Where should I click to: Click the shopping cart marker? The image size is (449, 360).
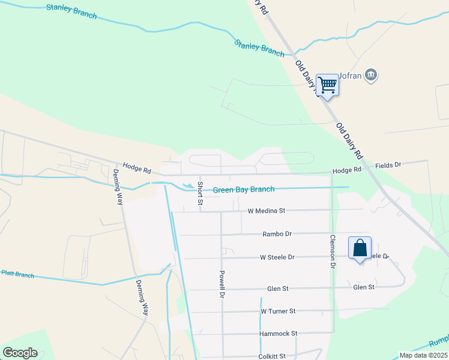(x=327, y=85)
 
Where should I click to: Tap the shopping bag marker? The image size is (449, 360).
(x=360, y=248)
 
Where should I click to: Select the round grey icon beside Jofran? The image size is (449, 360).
(x=371, y=74)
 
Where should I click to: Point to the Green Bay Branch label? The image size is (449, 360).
(x=244, y=190)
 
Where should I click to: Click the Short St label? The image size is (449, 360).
(x=200, y=193)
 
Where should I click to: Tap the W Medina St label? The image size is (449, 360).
(x=266, y=211)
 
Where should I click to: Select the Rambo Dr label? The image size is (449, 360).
(x=277, y=234)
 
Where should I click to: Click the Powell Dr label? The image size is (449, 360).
(x=221, y=284)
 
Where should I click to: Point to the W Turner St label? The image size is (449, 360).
(x=279, y=311)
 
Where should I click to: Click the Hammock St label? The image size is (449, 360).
(x=279, y=334)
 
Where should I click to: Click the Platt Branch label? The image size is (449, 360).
(x=17, y=274)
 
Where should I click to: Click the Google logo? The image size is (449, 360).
(x=20, y=353)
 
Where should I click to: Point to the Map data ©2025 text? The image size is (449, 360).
(x=423, y=355)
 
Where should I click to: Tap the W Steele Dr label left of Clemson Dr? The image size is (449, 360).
(x=277, y=257)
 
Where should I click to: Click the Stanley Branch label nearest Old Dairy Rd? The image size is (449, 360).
(x=259, y=48)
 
